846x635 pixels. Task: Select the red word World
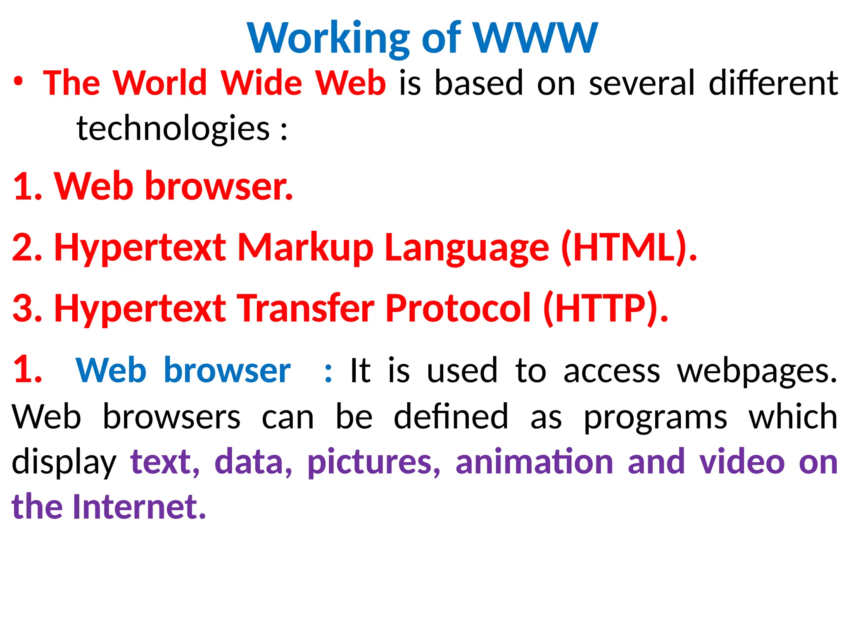click(x=159, y=83)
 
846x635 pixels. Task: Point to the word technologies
click(x=173, y=129)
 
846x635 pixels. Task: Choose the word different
click(x=773, y=83)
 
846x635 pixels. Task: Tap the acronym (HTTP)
click(x=606, y=308)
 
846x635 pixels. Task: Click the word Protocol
click(x=458, y=308)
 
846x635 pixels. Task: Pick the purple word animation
click(x=535, y=461)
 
